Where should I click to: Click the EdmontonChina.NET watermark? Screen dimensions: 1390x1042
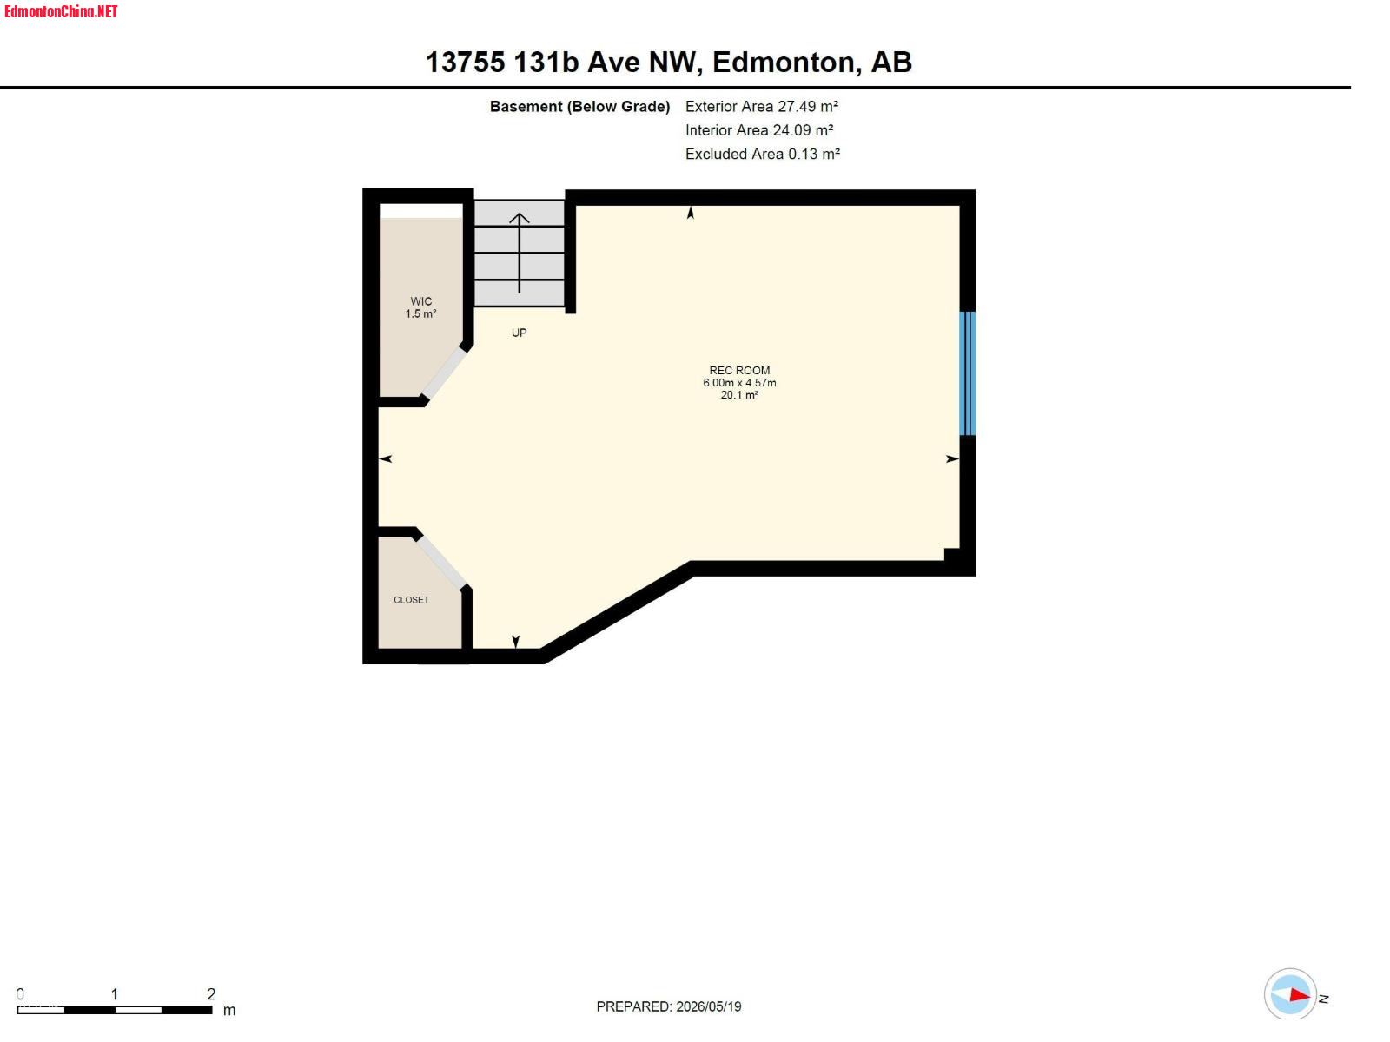[x=61, y=12]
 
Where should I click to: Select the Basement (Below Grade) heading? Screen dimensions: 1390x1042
[x=579, y=106]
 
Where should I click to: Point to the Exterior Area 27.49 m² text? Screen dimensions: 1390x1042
[x=762, y=106]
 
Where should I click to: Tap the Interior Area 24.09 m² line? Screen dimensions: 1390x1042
[x=759, y=129]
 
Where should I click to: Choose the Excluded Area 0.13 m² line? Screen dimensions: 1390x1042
[x=763, y=154]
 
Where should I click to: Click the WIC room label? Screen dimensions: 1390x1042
[x=421, y=302]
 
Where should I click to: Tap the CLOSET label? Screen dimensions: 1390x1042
[x=412, y=600]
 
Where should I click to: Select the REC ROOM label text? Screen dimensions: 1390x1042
[x=739, y=371]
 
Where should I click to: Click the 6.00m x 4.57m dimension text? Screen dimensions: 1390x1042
[x=739, y=383]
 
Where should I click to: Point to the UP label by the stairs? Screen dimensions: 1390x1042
[x=520, y=333]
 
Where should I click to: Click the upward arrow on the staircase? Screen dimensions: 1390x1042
[x=520, y=253]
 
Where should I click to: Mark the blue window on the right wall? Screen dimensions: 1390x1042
[x=967, y=373]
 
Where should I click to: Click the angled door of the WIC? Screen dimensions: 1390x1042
[x=445, y=373]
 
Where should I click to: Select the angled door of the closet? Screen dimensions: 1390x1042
[x=441, y=563]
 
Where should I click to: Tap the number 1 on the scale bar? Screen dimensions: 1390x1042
[x=115, y=994]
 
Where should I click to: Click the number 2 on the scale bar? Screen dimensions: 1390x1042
[x=211, y=994]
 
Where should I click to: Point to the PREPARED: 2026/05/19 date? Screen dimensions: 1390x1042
[x=669, y=1006]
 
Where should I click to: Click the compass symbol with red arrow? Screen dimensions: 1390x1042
[x=1291, y=995]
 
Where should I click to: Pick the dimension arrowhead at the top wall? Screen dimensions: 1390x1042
[x=691, y=213]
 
